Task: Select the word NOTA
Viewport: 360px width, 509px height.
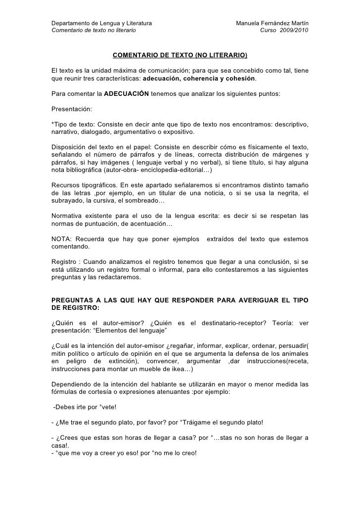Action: (x=61, y=239)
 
